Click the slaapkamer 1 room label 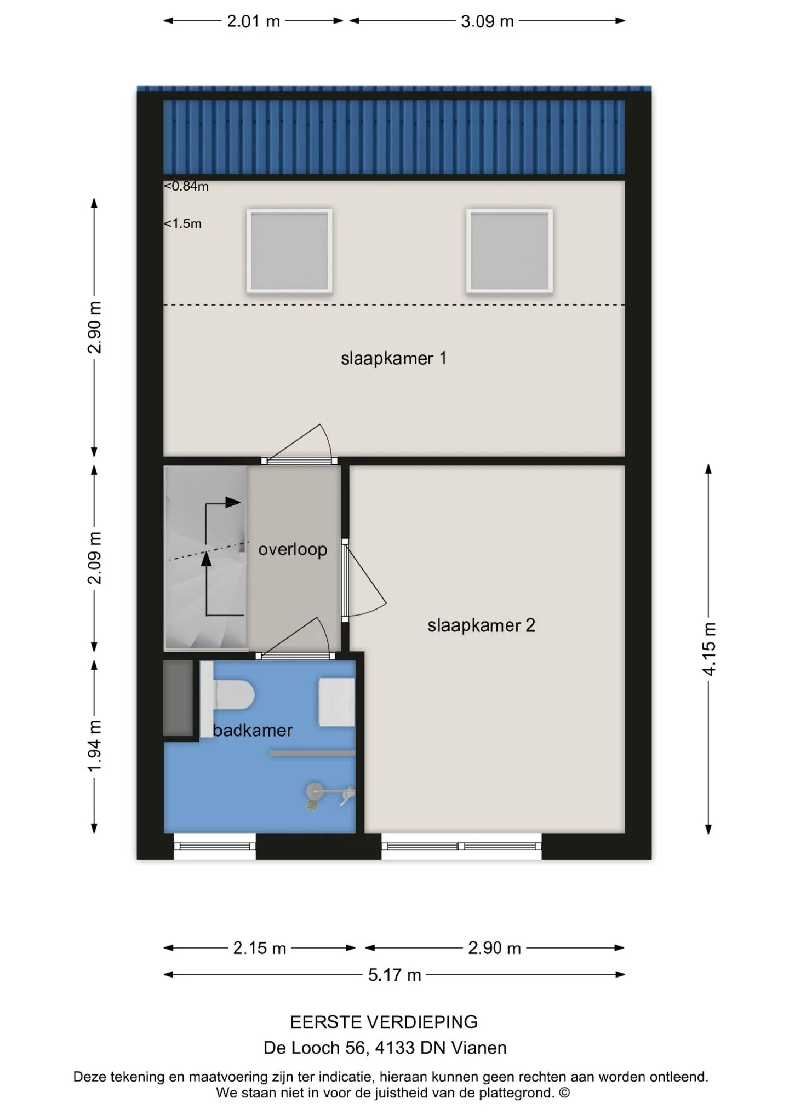click(393, 359)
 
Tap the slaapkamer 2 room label click(481, 625)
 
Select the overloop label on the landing click(293, 549)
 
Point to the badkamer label click(252, 731)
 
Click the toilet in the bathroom click(230, 696)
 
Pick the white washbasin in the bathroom click(337, 703)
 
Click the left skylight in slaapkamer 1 click(289, 251)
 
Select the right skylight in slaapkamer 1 click(510, 251)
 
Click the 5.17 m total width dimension click(395, 975)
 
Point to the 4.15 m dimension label click(709, 649)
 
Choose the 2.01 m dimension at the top click(254, 21)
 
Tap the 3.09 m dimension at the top click(487, 21)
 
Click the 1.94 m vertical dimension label click(95, 746)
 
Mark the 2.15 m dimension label click(260, 948)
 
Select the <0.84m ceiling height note click(186, 186)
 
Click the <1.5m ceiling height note click(182, 223)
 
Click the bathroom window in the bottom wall click(215, 846)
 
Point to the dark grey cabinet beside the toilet click(179, 698)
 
